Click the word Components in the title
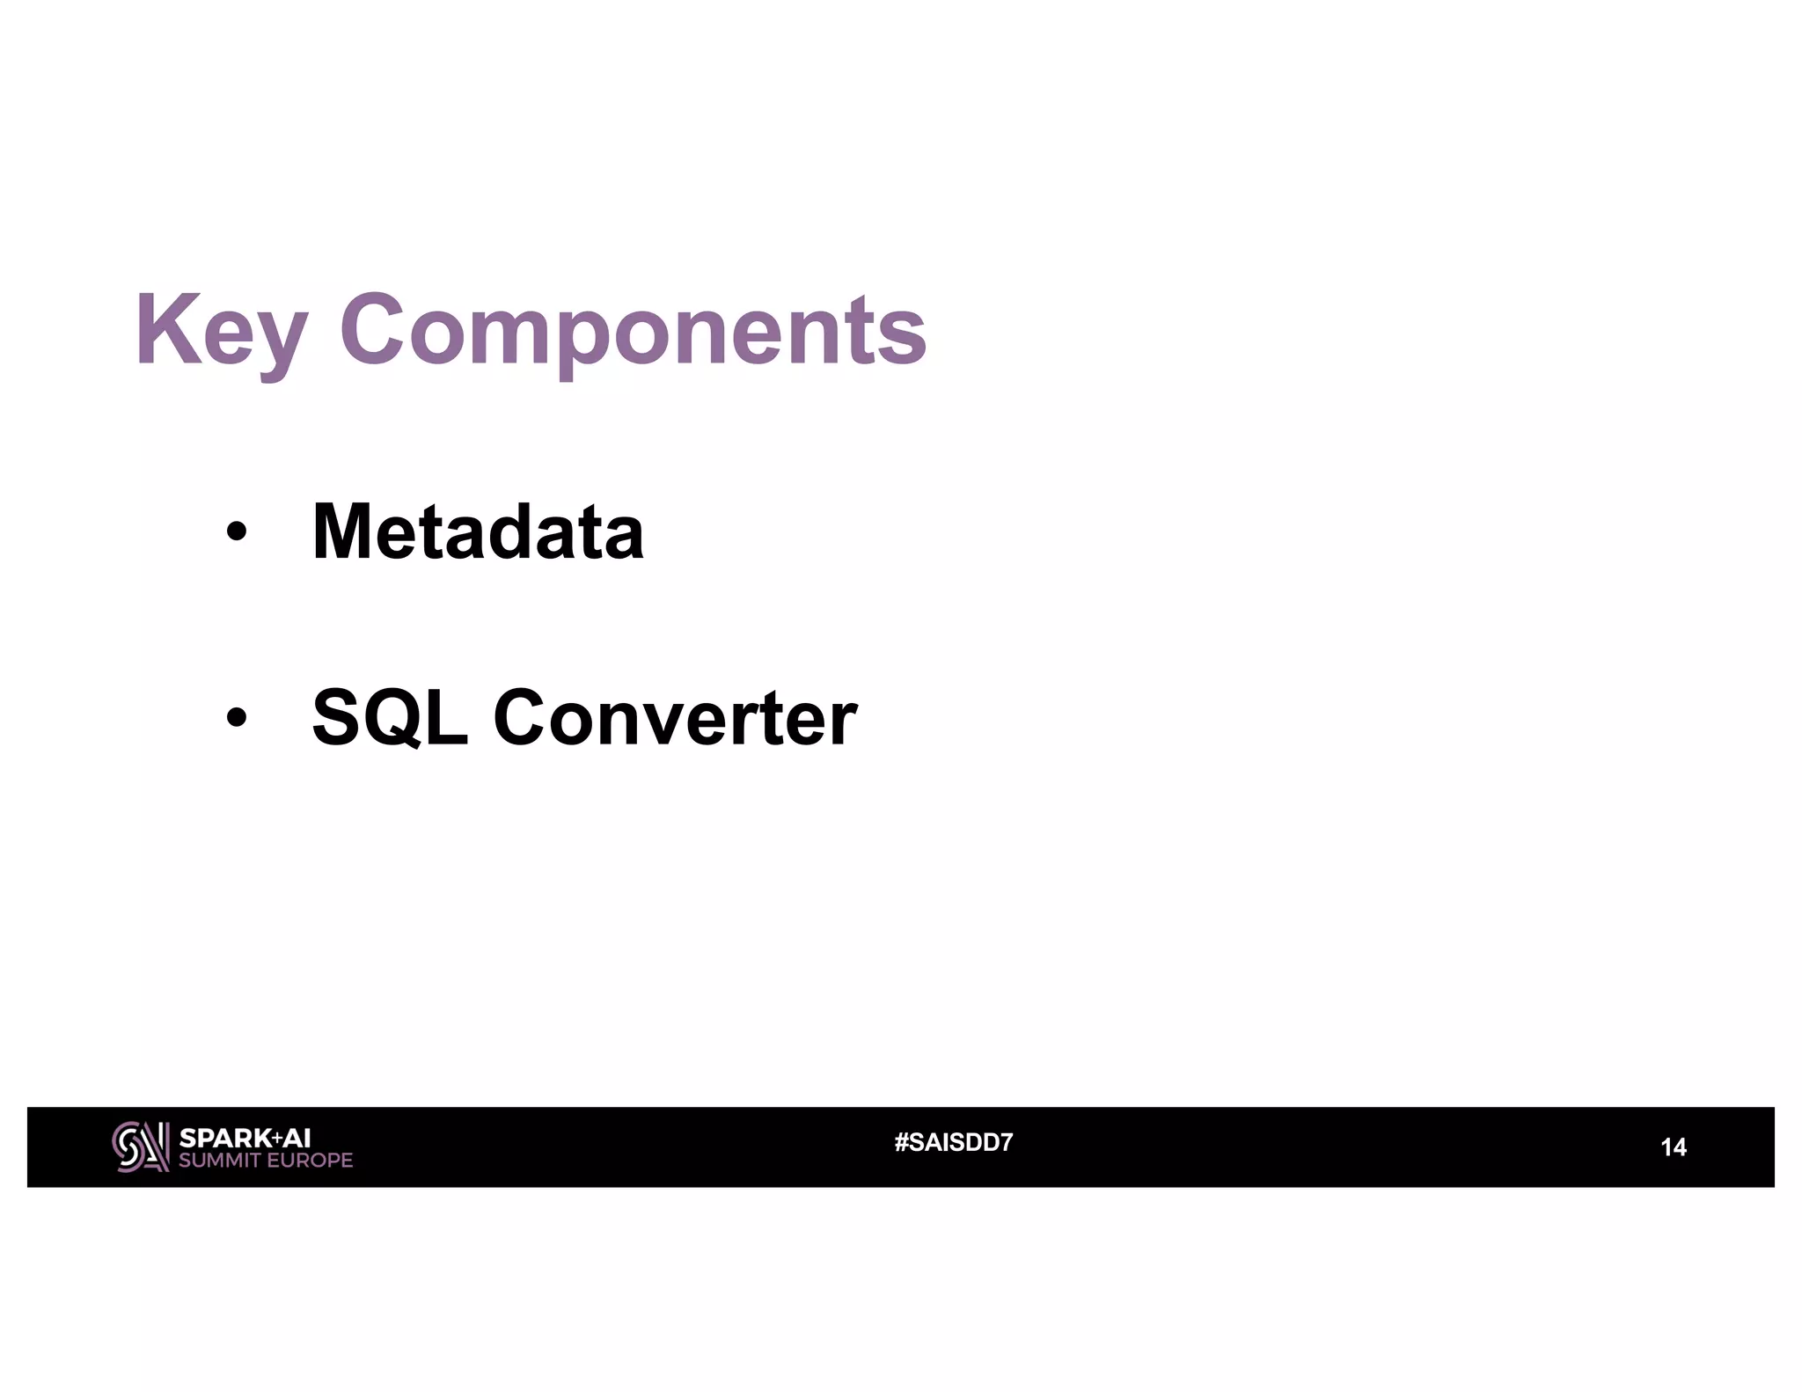coord(633,333)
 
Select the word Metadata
coord(478,531)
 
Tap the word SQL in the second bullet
coord(390,718)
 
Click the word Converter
coord(674,718)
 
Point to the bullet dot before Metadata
coord(236,533)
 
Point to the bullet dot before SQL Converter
coord(236,718)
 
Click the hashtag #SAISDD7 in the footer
coord(953,1143)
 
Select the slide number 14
coord(1673,1147)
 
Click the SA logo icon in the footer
coord(140,1147)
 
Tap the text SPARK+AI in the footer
coord(245,1138)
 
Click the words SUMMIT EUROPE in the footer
coord(265,1161)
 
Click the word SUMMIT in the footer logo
coord(219,1161)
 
